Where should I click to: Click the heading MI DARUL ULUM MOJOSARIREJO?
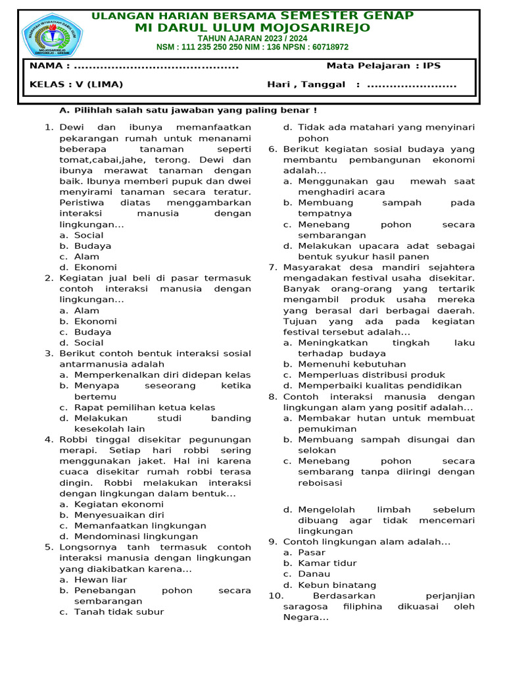coord(252,28)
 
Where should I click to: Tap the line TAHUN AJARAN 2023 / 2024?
coord(252,38)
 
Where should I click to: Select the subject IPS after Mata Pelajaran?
coord(432,66)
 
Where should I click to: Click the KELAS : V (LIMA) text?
coord(76,84)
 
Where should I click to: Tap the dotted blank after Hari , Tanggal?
coord(412,84)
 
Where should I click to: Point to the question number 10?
coord(275,596)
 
